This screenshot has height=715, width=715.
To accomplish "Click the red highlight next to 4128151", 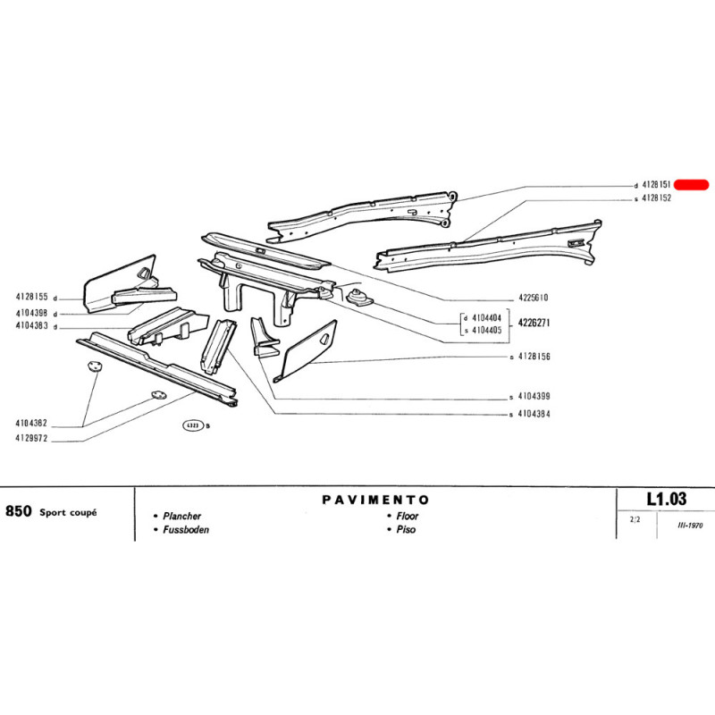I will [690, 185].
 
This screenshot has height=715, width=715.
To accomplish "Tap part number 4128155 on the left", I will [31, 297].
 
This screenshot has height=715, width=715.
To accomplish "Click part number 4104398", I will [31, 313].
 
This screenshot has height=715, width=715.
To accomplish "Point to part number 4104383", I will [31, 326].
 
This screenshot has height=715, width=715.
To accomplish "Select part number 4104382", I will [31, 424].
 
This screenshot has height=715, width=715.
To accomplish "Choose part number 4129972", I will [31, 440].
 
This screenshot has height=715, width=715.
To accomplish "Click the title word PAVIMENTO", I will [375, 500].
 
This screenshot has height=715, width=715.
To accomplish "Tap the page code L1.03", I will [667, 500].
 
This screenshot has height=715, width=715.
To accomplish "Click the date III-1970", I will [685, 526].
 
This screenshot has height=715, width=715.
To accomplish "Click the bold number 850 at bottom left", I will [18, 512].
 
